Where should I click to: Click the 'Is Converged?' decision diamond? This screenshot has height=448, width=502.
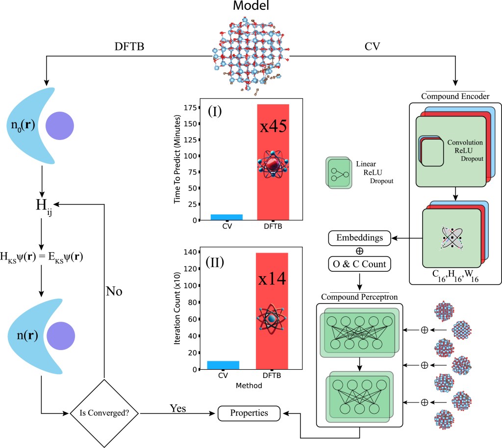tap(103, 413)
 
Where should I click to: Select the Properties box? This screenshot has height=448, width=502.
tap(250, 413)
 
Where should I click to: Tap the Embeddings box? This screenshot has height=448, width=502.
tap(360, 238)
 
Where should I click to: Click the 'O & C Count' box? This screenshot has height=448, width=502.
tap(360, 264)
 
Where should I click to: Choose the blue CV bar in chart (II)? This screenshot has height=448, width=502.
tap(223, 365)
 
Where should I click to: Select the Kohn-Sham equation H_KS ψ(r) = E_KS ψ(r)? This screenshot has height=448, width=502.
tap(42, 256)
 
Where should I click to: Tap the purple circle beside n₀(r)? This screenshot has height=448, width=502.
tap(60, 126)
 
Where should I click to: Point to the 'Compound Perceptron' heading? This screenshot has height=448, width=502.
tap(359, 297)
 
